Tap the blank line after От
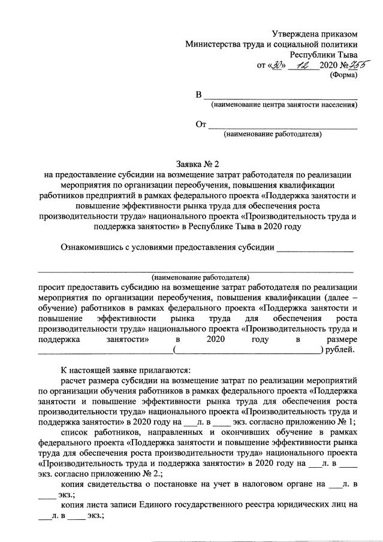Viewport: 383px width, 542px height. point(282,126)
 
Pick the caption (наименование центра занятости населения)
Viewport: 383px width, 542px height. point(284,106)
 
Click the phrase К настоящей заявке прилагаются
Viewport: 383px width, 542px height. point(126,369)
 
